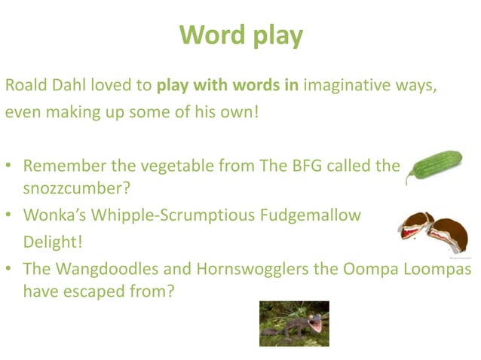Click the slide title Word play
tap(240, 35)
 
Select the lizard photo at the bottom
tap(293, 323)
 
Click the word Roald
tap(26, 84)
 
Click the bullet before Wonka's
tap(8, 216)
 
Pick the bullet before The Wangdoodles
tap(8, 269)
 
